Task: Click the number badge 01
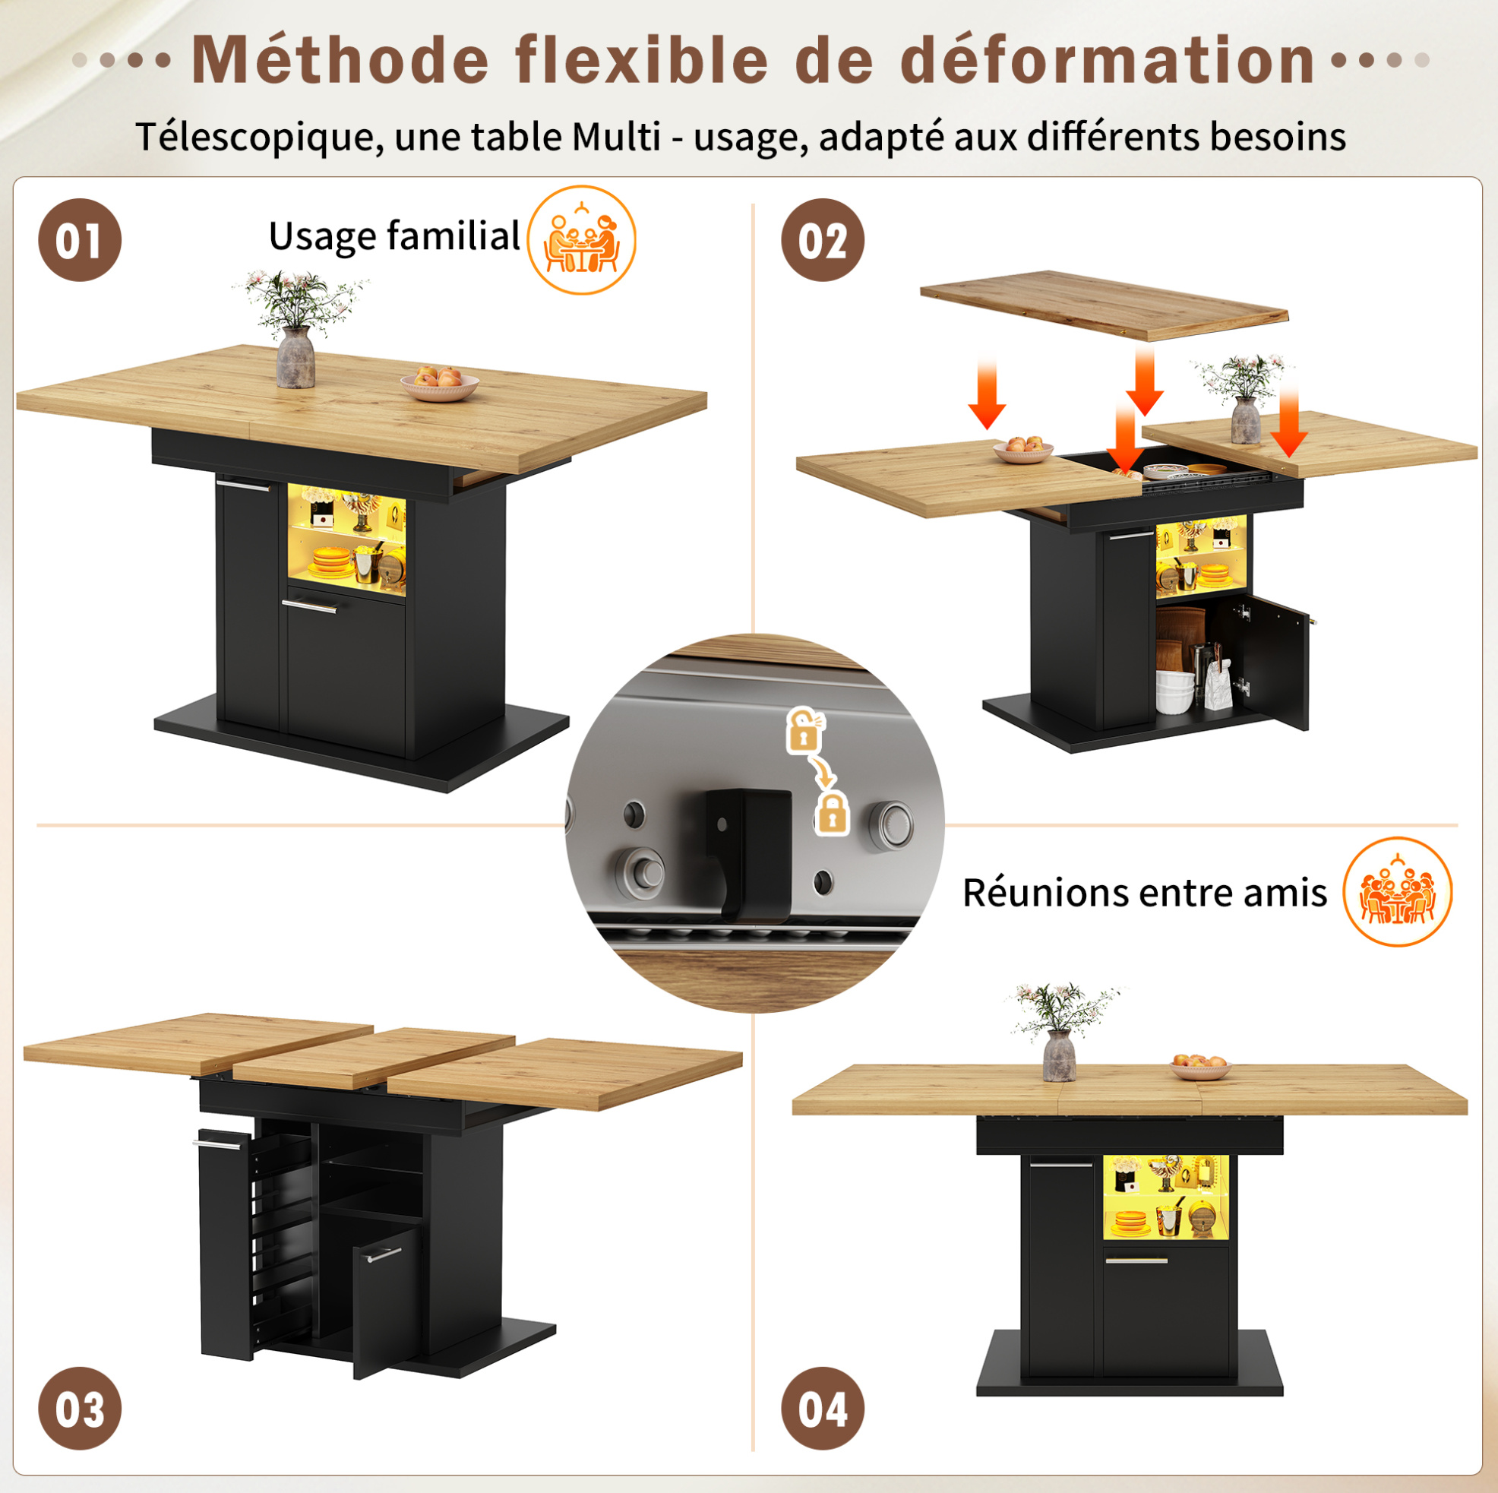click(80, 239)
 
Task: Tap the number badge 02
click(823, 239)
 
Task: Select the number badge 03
click(80, 1409)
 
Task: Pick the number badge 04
click(823, 1409)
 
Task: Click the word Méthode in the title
click(340, 60)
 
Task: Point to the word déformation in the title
click(1109, 60)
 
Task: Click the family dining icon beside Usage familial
click(582, 239)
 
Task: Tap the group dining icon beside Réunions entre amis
click(1397, 891)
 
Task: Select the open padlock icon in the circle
click(804, 730)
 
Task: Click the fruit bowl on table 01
click(440, 384)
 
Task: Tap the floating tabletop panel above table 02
click(1104, 305)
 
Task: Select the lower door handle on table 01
click(309, 605)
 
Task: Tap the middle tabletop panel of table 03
click(374, 1054)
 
